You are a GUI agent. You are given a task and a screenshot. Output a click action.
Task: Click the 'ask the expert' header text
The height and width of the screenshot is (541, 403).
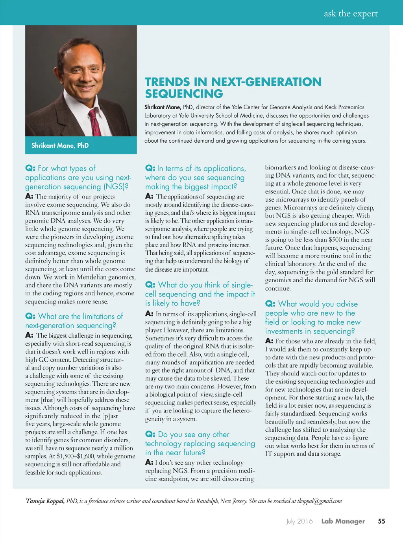(x=351, y=14)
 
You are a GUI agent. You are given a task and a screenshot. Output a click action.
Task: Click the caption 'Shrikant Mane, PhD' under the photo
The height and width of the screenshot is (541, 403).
(x=60, y=145)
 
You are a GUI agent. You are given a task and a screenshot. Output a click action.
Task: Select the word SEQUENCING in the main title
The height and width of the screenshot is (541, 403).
(x=184, y=94)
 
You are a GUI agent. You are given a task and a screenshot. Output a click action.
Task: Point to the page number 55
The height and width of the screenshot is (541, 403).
(x=381, y=521)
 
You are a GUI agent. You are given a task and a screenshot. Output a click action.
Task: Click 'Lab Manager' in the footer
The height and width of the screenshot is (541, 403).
(x=343, y=521)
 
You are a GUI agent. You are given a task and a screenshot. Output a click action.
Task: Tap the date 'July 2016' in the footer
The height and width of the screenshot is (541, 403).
(x=299, y=521)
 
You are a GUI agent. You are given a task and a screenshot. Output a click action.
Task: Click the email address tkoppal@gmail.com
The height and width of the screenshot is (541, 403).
(x=320, y=501)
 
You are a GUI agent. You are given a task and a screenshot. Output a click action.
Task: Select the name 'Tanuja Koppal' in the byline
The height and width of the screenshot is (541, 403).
(x=45, y=501)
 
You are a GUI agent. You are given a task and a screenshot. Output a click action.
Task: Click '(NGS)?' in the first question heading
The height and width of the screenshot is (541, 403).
(x=116, y=187)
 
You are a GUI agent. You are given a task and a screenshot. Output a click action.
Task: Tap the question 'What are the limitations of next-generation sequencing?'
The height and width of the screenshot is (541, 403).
(x=74, y=321)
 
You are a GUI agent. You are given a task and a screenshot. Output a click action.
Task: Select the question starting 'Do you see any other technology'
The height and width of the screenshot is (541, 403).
(x=200, y=443)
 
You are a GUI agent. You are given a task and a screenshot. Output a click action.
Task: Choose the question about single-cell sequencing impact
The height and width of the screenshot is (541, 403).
(x=200, y=294)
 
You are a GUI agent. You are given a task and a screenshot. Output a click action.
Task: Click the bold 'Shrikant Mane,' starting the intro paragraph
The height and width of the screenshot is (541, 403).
(x=163, y=107)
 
